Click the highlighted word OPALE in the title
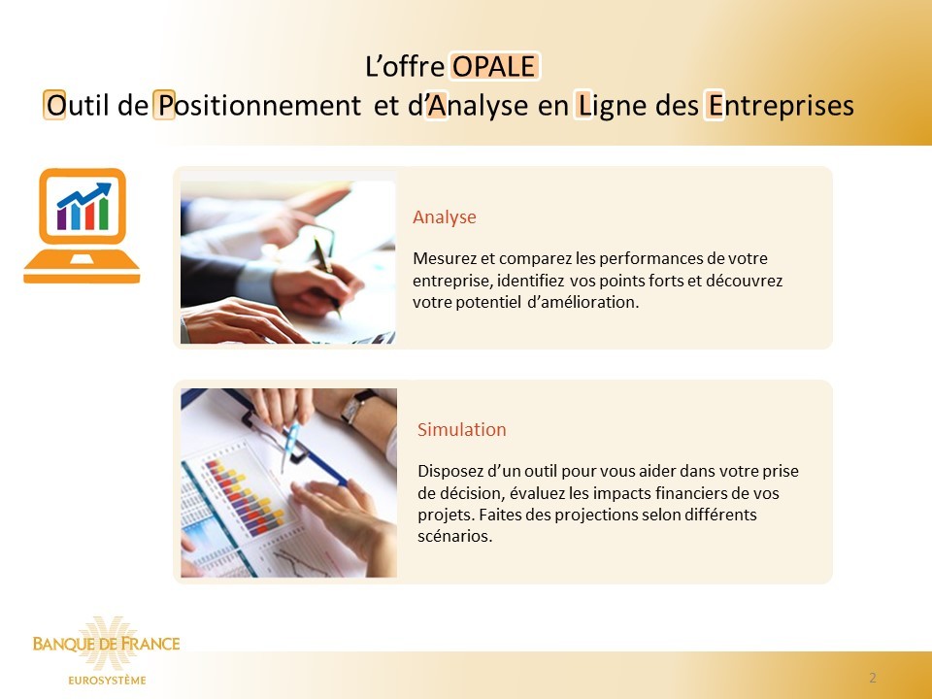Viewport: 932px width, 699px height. click(495, 66)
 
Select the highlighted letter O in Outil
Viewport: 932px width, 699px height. click(54, 105)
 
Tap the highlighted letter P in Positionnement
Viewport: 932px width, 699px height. click(165, 105)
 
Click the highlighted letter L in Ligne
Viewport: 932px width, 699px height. click(583, 105)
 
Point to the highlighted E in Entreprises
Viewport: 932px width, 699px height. click(715, 105)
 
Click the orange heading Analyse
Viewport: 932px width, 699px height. click(445, 216)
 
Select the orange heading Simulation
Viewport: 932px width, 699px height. click(462, 429)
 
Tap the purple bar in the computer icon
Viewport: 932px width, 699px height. click(62, 218)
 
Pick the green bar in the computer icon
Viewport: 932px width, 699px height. click(104, 214)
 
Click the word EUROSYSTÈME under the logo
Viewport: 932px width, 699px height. click(107, 680)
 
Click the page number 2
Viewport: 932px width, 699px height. click(873, 678)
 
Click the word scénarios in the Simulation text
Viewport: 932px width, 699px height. click(455, 536)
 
